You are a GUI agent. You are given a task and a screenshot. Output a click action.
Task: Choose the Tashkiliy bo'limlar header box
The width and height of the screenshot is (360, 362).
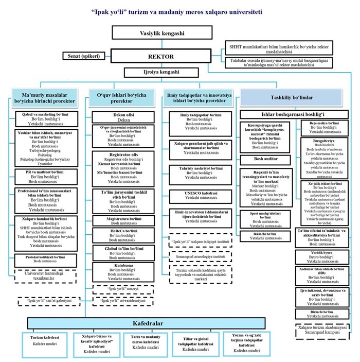click(x=293, y=97)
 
